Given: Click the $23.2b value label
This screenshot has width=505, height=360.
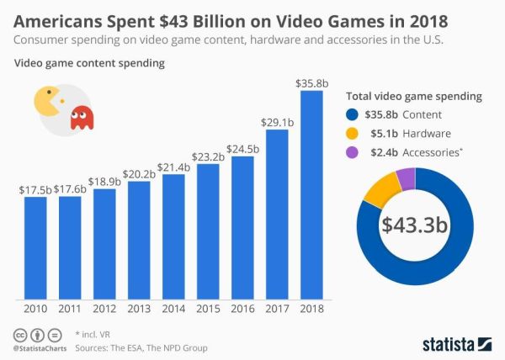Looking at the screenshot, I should (207, 157).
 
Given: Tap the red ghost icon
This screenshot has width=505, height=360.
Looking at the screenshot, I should (81, 119).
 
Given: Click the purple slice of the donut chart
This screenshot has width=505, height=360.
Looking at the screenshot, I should (406, 177).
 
